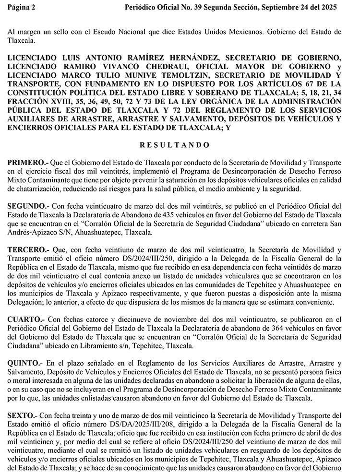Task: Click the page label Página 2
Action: coord(22,8)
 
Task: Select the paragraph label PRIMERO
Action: coord(28,163)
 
